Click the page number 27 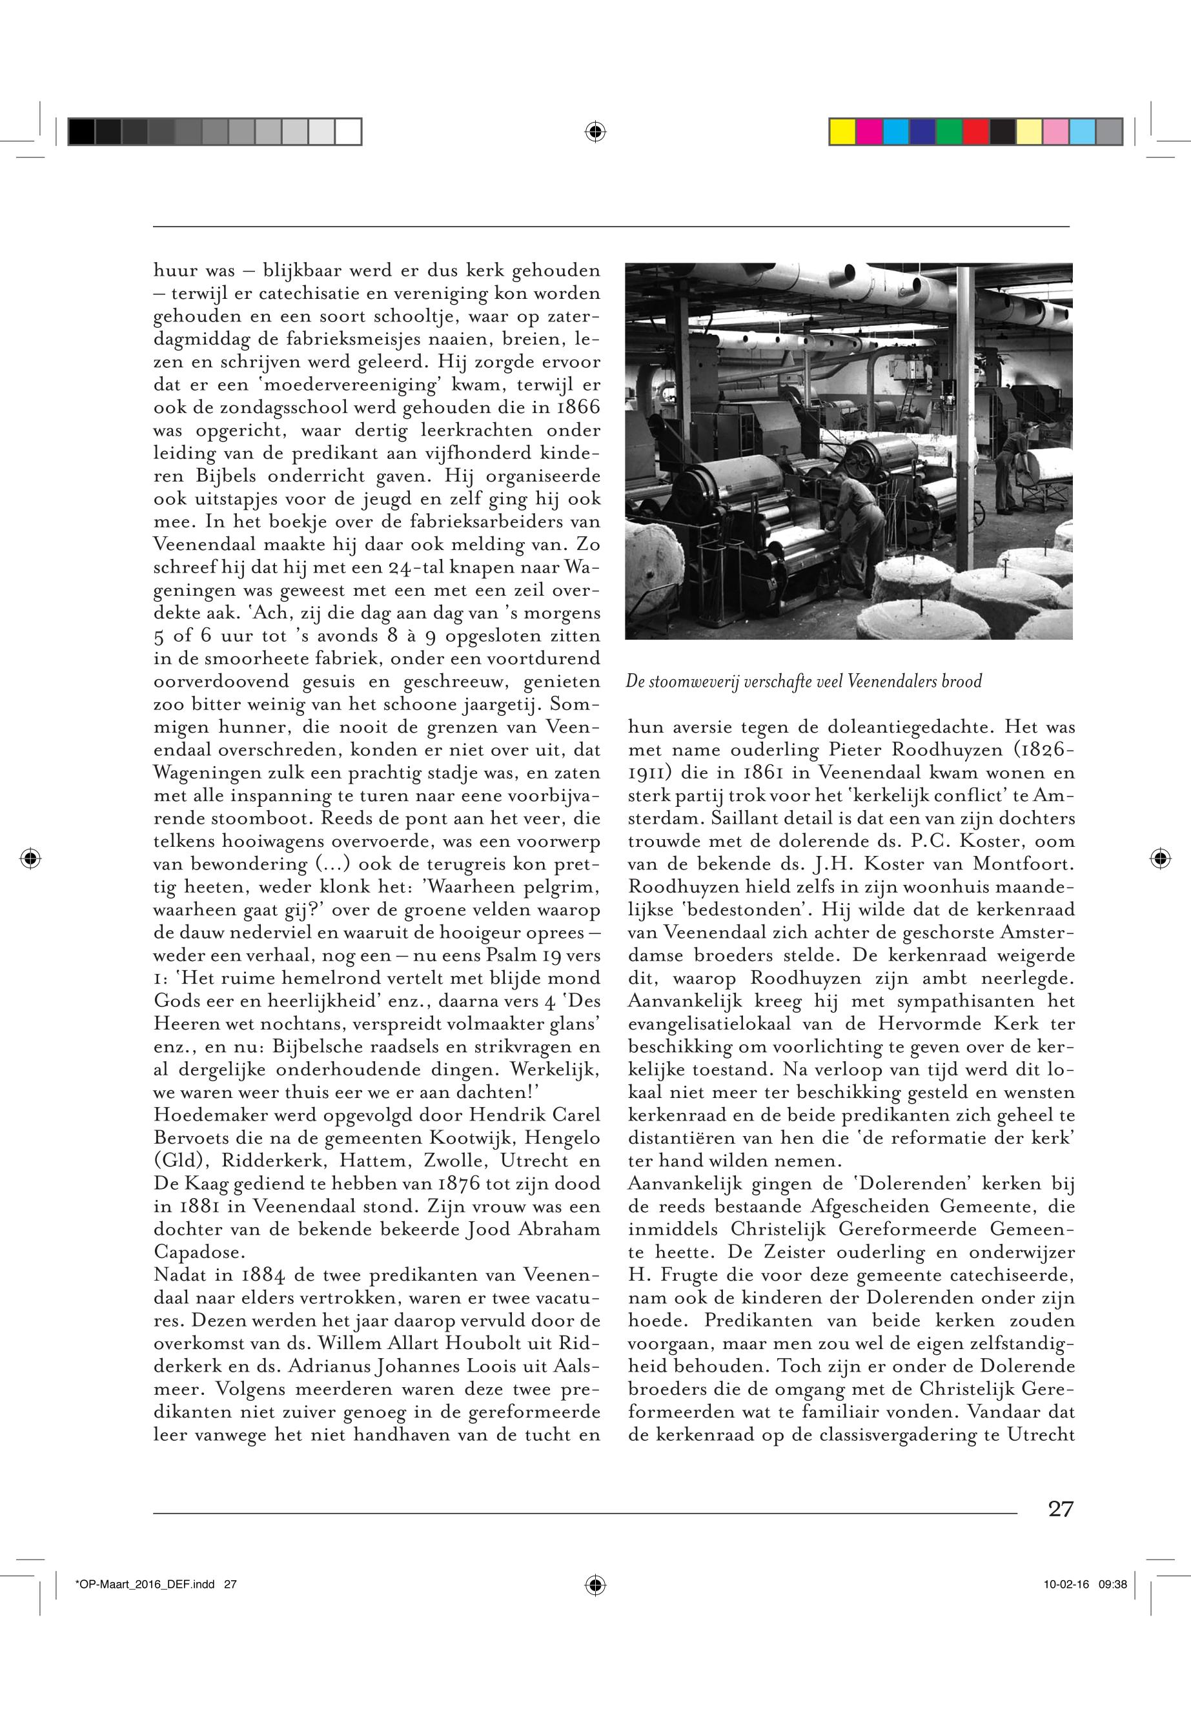pos(1061,1509)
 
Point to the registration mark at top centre pos(595,132)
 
